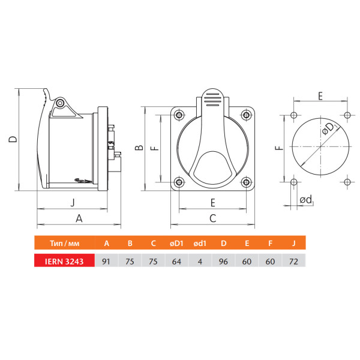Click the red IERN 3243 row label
point(64,260)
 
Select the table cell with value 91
point(106,260)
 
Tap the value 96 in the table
point(223,260)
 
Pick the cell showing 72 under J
point(293,260)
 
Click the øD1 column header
point(176,243)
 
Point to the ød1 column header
point(200,243)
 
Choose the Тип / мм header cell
point(65,242)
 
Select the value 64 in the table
point(176,260)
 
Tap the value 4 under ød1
point(200,260)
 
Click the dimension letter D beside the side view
point(13,139)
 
